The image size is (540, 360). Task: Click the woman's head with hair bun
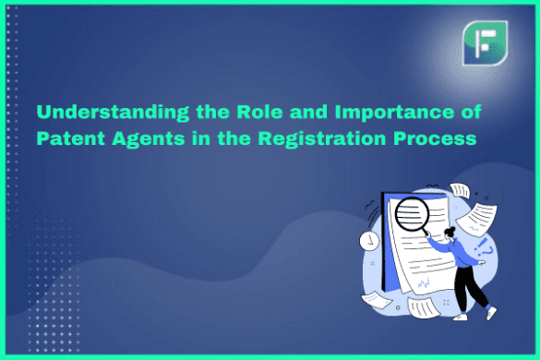450,234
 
